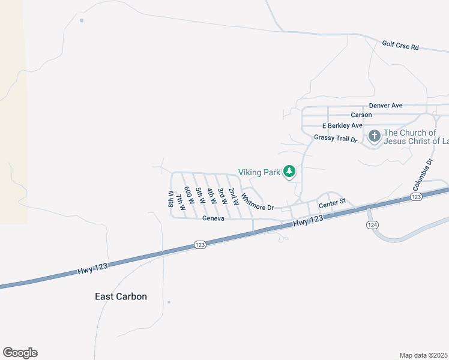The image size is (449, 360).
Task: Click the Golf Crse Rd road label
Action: (400, 45)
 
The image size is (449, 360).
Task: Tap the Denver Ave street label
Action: (385, 105)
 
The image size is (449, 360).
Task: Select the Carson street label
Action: (361, 115)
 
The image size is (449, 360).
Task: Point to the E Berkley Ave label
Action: (342, 125)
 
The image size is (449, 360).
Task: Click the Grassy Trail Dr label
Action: (336, 139)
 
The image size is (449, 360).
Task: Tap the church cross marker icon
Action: (374, 136)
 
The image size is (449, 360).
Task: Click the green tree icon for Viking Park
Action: (289, 172)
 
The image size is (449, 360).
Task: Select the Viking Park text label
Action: (259, 172)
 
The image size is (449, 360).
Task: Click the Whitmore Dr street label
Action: (257, 201)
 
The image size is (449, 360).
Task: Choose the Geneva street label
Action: (213, 218)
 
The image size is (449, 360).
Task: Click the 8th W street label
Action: (171, 199)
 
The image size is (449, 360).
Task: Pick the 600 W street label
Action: (188, 197)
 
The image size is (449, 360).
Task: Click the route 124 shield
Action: (372, 224)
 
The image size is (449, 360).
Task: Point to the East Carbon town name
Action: (121, 296)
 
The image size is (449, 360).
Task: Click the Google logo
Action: (20, 353)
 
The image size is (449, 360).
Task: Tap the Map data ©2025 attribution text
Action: (423, 355)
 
